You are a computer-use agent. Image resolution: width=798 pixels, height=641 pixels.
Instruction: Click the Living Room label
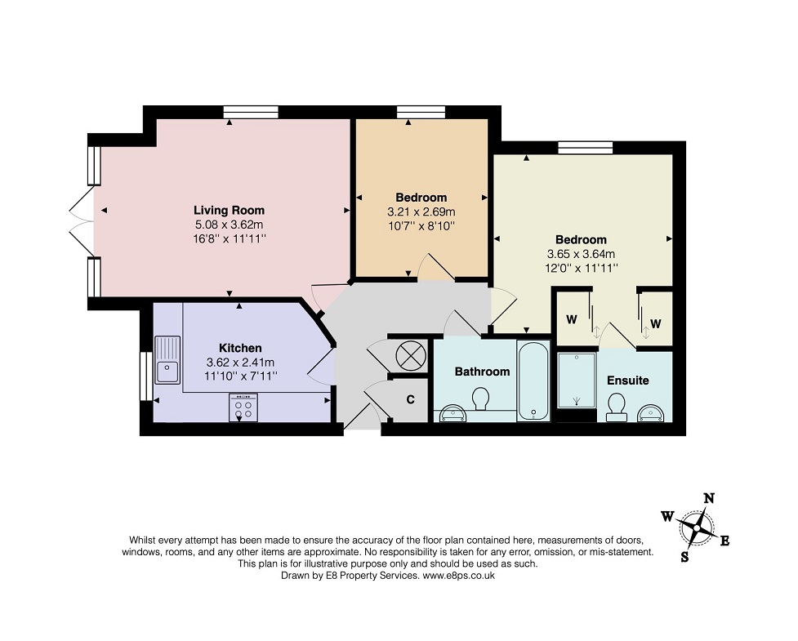pyautogui.click(x=229, y=210)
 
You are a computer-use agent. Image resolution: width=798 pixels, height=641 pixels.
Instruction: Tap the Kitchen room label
pyautogui.click(x=240, y=348)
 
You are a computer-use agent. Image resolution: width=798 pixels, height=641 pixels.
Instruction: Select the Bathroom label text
pyautogui.click(x=482, y=372)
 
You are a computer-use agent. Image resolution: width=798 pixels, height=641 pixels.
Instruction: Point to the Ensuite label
pyautogui.click(x=628, y=381)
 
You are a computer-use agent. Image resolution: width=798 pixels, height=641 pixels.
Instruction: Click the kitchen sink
pyautogui.click(x=167, y=359)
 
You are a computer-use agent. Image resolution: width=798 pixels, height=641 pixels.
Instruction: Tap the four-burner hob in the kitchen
pyautogui.click(x=243, y=407)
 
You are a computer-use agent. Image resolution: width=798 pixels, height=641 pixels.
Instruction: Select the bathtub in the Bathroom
pyautogui.click(x=533, y=380)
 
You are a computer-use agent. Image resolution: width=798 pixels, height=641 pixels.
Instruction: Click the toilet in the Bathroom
pyautogui.click(x=480, y=398)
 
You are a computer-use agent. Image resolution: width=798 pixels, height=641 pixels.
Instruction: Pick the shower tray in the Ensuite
pyautogui.click(x=577, y=380)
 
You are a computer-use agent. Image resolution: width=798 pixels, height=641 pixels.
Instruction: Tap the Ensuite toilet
pyautogui.click(x=617, y=407)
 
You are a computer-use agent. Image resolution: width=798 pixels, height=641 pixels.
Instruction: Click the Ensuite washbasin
pyautogui.click(x=651, y=413)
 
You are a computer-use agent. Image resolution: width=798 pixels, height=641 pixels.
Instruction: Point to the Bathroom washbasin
pyautogui.click(x=453, y=413)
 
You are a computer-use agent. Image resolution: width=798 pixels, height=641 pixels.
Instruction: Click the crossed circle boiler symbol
pyautogui.click(x=411, y=355)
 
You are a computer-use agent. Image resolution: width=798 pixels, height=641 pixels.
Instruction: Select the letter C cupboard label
pyautogui.click(x=410, y=400)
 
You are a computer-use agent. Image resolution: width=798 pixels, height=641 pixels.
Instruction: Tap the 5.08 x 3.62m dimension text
pyautogui.click(x=229, y=225)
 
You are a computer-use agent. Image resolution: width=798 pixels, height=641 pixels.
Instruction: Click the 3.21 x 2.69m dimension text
pyautogui.click(x=421, y=211)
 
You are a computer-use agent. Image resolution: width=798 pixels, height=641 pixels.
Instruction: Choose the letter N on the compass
pyautogui.click(x=708, y=499)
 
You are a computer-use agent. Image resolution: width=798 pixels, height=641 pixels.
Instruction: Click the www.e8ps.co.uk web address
pyautogui.click(x=459, y=576)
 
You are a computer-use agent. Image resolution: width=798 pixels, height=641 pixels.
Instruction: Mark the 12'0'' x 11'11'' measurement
pyautogui.click(x=582, y=268)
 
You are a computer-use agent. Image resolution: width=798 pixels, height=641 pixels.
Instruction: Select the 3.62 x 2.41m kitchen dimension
pyautogui.click(x=240, y=363)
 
